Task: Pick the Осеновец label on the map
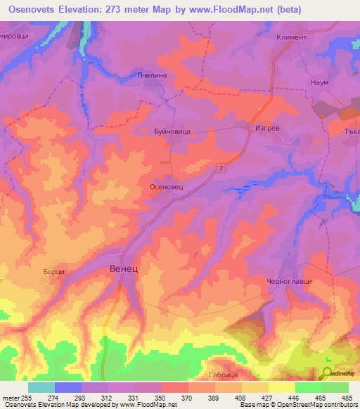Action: click(167, 188)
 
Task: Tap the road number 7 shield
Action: click(221, 167)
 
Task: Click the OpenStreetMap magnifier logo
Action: click(329, 374)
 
